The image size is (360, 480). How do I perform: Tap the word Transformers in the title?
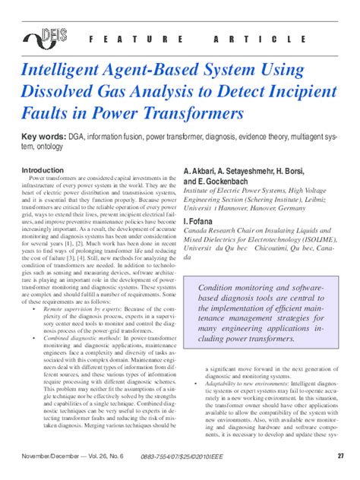(x=197, y=113)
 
